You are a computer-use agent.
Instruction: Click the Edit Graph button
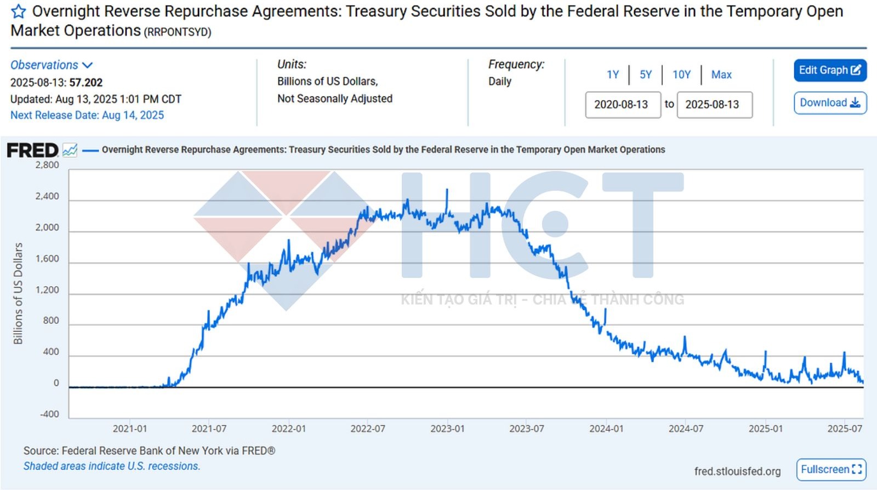tap(830, 70)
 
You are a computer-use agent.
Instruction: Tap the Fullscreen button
tap(831, 470)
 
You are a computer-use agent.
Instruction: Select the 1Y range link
tap(613, 75)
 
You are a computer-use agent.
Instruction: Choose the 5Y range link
tap(646, 75)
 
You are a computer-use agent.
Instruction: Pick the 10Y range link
tap(681, 75)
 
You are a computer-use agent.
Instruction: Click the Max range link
tap(721, 75)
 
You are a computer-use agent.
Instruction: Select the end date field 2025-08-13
tap(714, 105)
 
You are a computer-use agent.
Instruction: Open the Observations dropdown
tap(51, 65)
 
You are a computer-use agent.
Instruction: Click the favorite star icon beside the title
tap(19, 12)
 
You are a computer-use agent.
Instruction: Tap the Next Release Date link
tap(87, 115)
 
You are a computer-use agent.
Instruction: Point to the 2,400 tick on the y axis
tap(47, 196)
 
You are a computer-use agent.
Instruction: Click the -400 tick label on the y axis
tap(49, 414)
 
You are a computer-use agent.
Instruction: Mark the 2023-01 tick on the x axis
tap(447, 429)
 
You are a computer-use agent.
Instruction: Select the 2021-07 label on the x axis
tap(209, 429)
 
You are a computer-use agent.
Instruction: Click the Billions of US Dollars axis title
tap(18, 293)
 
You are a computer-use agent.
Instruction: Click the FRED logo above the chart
tap(32, 150)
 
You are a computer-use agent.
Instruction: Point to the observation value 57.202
tap(86, 83)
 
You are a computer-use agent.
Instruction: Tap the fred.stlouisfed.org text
tap(737, 471)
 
